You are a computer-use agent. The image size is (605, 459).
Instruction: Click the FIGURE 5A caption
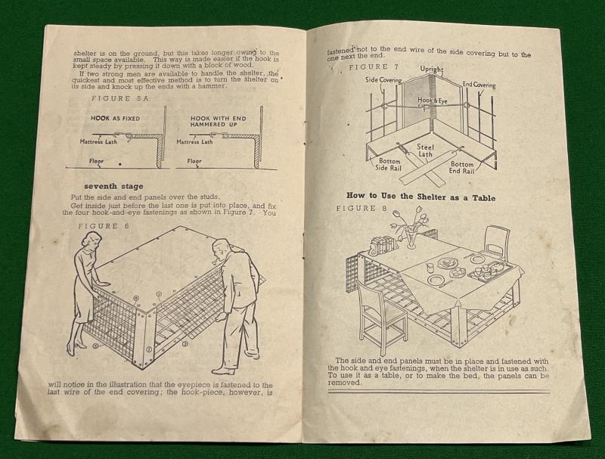119,98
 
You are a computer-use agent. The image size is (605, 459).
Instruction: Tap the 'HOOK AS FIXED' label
116,119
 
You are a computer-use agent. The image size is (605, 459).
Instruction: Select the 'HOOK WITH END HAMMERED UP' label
218,122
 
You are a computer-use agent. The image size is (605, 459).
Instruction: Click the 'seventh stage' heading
113,186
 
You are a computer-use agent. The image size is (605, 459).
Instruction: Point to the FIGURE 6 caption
104,226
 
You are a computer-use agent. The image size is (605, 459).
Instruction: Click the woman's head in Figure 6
92,242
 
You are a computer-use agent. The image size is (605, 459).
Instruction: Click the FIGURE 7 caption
374,67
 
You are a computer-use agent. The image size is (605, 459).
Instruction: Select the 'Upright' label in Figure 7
431,70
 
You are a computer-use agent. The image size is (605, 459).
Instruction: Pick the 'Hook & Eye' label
432,101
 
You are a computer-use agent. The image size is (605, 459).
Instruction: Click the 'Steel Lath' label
425,150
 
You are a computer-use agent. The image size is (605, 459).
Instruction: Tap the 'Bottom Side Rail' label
389,164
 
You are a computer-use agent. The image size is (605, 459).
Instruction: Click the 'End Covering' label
479,85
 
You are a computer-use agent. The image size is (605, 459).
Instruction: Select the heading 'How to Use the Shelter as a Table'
420,197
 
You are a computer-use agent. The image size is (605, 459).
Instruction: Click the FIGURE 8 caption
361,209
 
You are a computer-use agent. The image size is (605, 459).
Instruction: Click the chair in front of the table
381,316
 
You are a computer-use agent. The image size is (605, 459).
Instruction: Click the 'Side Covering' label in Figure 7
383,80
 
